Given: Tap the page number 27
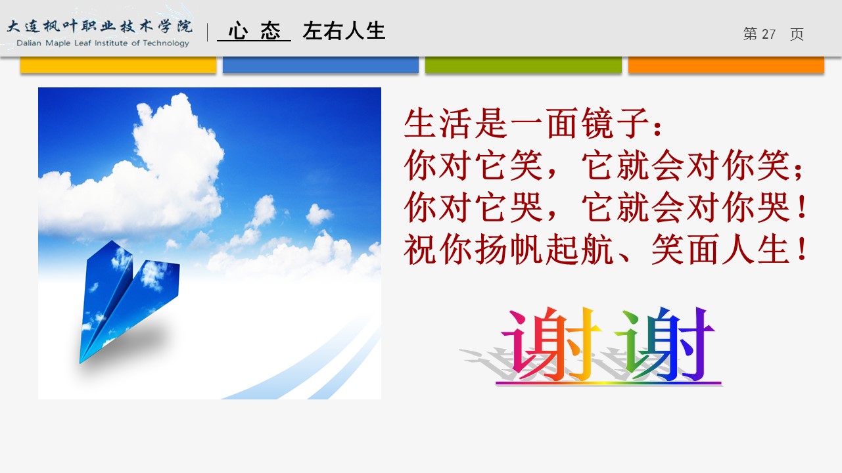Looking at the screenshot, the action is [x=768, y=34].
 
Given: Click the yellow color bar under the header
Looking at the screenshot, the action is [x=118, y=64].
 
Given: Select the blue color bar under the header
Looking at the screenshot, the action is [x=321, y=64].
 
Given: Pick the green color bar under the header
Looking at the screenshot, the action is [x=523, y=64].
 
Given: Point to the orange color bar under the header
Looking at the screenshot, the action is [x=726, y=64].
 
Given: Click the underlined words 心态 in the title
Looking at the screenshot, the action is [x=254, y=31].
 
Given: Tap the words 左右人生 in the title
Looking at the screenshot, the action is [x=344, y=31].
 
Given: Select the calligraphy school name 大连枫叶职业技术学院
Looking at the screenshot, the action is [x=100, y=26].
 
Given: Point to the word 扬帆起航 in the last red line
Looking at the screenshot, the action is [x=545, y=249].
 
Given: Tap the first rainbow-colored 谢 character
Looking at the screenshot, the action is [x=551, y=343].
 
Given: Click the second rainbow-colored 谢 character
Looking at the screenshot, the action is [x=665, y=343].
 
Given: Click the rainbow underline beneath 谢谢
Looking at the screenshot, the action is [x=609, y=383].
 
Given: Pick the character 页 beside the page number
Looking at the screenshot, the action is [x=797, y=34].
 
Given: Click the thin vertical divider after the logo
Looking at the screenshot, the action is [x=208, y=32].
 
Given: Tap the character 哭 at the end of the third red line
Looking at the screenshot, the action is [x=773, y=207].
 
